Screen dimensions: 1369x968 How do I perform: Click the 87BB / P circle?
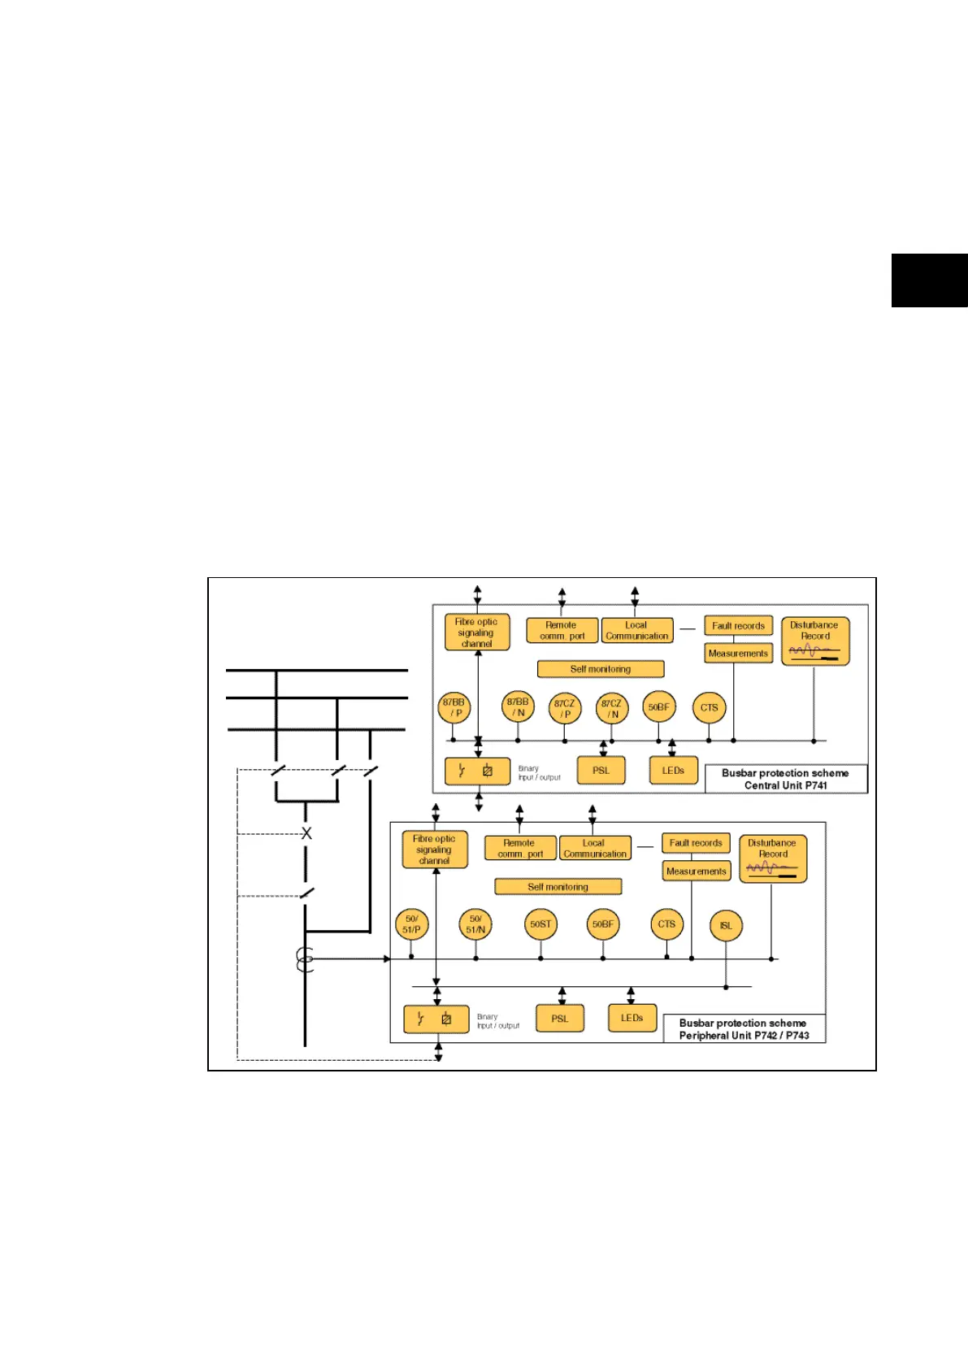pos(454,707)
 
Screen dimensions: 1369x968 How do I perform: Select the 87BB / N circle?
pos(518,706)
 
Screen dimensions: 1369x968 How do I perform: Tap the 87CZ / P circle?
pos(565,708)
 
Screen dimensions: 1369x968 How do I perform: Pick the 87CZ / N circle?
pos(611,708)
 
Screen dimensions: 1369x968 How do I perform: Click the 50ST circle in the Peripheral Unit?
pos(540,924)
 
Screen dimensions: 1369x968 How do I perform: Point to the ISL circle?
pos(726,925)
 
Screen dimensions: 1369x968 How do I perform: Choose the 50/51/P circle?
pos(411,924)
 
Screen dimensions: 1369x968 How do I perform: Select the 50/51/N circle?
pos(475,924)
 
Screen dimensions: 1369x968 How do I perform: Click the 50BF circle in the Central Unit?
pos(658,707)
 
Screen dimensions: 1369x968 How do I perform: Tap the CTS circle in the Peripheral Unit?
pos(666,924)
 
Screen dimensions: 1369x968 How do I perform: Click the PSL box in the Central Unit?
pos(601,771)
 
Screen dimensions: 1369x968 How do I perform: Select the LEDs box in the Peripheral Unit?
pos(632,1018)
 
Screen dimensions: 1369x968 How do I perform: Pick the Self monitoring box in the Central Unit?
pos(601,669)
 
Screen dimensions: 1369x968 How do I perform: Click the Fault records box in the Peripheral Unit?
pos(696,843)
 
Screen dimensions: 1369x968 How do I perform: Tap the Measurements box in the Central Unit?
pos(738,654)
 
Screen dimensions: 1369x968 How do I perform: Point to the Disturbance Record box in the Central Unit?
pos(815,641)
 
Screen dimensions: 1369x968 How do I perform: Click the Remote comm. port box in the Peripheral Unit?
pos(520,848)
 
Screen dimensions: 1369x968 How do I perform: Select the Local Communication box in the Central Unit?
pos(636,631)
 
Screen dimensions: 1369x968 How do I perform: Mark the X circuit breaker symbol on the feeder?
pos(306,833)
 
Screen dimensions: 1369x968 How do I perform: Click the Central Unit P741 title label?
pos(785,779)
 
